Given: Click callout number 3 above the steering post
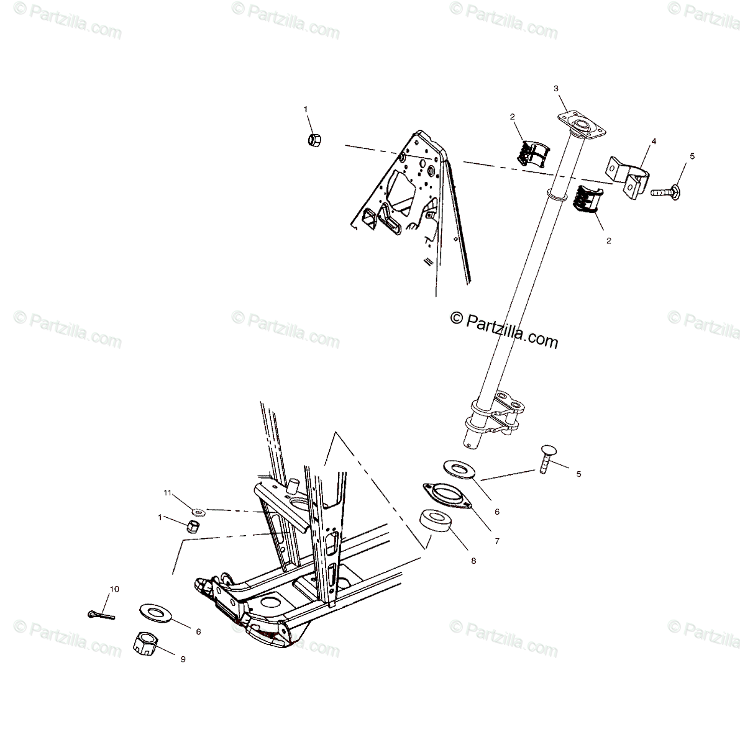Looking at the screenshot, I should click(557, 89).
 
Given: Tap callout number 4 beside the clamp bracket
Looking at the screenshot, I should click(636, 142).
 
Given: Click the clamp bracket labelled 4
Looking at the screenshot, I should click(627, 177).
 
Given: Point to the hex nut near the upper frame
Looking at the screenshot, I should click(314, 138).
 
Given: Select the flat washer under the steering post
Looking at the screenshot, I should click(476, 469).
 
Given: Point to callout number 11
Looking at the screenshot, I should click(167, 492).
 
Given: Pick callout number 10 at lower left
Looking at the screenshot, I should click(114, 588).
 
